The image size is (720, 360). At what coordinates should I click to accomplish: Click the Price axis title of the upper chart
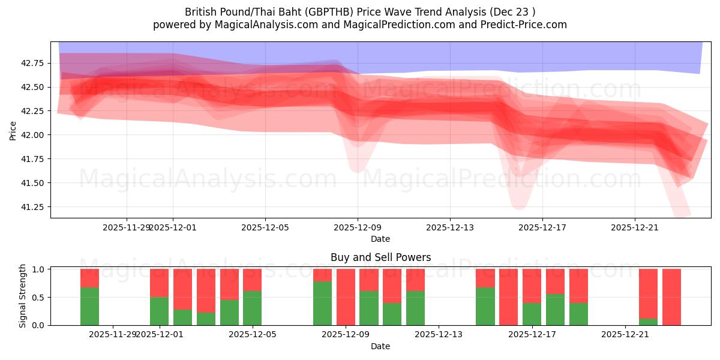pos(13,130)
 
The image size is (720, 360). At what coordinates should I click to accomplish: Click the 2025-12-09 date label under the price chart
pos(358,227)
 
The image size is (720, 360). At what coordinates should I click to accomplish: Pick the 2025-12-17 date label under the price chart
pos(542,227)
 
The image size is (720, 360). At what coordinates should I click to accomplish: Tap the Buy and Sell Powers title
pos(380,257)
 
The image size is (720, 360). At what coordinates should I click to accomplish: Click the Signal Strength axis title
pos(23,296)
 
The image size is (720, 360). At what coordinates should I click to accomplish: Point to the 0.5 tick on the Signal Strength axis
pos(38,298)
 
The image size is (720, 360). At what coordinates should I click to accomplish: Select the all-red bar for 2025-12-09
pos(346,297)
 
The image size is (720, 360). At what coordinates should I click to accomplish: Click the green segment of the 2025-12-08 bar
pos(322,303)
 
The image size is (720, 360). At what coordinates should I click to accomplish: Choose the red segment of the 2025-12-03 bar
pos(206,290)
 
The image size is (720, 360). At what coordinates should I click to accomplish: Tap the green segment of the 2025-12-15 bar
pos(485,306)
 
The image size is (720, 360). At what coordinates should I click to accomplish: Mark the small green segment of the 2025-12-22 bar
pos(648,322)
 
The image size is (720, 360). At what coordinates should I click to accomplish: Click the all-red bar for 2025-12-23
pos(671,297)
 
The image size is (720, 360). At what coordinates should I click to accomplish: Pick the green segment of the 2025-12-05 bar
pos(252,308)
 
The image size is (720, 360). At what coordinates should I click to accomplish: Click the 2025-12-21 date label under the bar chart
pos(625,334)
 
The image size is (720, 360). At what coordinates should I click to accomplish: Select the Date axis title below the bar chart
pos(380,346)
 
